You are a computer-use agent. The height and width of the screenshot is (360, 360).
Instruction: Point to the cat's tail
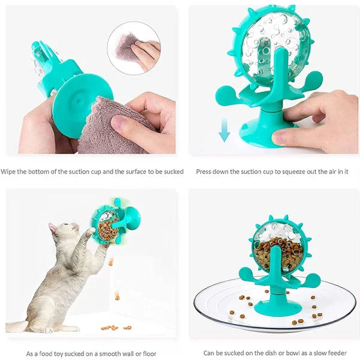pos(18,326)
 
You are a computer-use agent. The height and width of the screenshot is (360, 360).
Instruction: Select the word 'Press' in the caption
pos(206,172)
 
